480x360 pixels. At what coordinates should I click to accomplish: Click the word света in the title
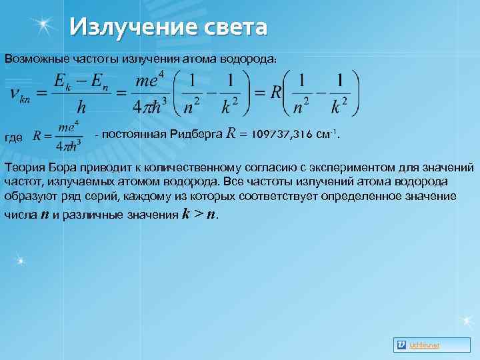pyautogui.click(x=231, y=27)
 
